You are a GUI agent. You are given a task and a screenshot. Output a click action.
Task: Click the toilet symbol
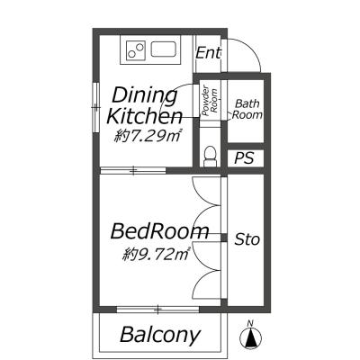pyautogui.click(x=210, y=157)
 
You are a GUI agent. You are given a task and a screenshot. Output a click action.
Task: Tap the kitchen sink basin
pyautogui.click(x=163, y=49)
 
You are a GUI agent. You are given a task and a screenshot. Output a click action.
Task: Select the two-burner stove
pyautogui.click(x=136, y=50)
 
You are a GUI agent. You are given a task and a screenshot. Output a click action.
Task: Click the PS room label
pyautogui.click(x=244, y=158)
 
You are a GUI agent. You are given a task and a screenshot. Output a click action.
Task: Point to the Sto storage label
pyautogui.click(x=247, y=239)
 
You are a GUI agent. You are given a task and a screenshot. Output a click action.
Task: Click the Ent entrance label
pyautogui.click(x=208, y=53)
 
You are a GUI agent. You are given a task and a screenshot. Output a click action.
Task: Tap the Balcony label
pyautogui.click(x=160, y=335)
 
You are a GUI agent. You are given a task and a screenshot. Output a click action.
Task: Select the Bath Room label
pyautogui.click(x=247, y=109)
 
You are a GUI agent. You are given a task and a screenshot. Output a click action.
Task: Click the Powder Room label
pyautogui.click(x=210, y=102)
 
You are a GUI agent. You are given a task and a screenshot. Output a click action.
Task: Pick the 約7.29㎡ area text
pyautogui.click(x=147, y=137)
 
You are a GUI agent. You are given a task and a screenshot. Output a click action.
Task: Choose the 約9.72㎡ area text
pyautogui.click(x=156, y=255)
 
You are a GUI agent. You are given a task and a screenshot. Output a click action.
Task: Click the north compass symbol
pyautogui.click(x=250, y=338)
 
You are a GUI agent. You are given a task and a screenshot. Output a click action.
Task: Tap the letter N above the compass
pyautogui.click(x=250, y=323)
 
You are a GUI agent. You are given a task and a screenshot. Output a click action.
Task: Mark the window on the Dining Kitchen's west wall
pyautogui.click(x=96, y=107)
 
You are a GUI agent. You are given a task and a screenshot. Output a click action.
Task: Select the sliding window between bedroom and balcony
pyautogui.click(x=158, y=310)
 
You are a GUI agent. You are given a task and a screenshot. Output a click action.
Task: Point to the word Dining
pyautogui.click(x=145, y=96)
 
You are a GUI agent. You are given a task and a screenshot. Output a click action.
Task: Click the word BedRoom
pyautogui.click(x=159, y=231)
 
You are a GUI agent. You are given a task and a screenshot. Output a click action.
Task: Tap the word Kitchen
pyautogui.click(x=145, y=116)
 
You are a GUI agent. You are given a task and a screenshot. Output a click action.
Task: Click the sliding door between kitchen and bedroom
pyautogui.click(x=133, y=171)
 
